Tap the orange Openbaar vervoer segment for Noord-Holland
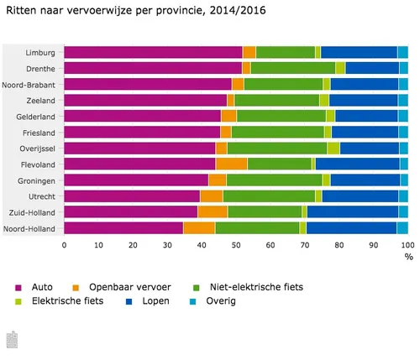point(199,227)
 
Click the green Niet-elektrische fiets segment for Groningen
point(274,180)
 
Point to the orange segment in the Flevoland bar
point(231,164)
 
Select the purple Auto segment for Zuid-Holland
point(130,211)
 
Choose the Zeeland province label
point(42,100)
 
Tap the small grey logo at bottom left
point(13,339)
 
